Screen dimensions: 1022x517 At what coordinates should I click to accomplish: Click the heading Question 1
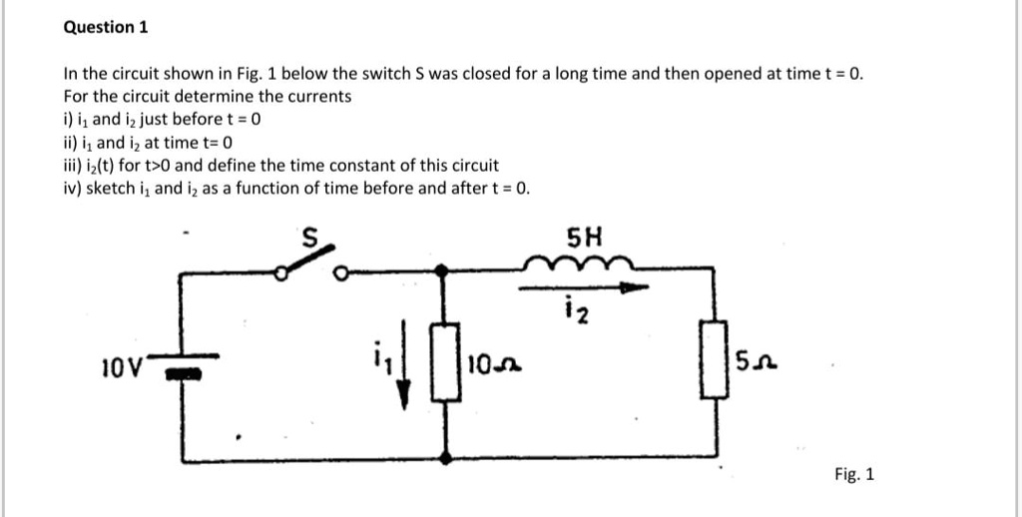click(x=106, y=27)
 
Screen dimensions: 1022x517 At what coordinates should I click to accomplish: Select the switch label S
click(x=311, y=239)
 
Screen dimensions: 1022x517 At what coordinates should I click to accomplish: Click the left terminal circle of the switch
click(x=280, y=274)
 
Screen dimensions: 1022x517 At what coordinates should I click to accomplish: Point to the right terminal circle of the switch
click(x=341, y=273)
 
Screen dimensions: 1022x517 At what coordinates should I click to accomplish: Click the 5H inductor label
click(x=584, y=238)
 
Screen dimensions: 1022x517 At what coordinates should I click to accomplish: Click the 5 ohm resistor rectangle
click(x=715, y=358)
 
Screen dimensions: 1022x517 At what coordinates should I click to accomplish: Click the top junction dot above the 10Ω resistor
click(x=442, y=269)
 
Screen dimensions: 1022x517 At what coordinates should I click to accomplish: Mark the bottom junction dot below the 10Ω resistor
click(x=445, y=458)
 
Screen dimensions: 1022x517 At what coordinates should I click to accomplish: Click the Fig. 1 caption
click(x=854, y=475)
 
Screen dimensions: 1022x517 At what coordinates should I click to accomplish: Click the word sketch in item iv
click(x=109, y=189)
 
